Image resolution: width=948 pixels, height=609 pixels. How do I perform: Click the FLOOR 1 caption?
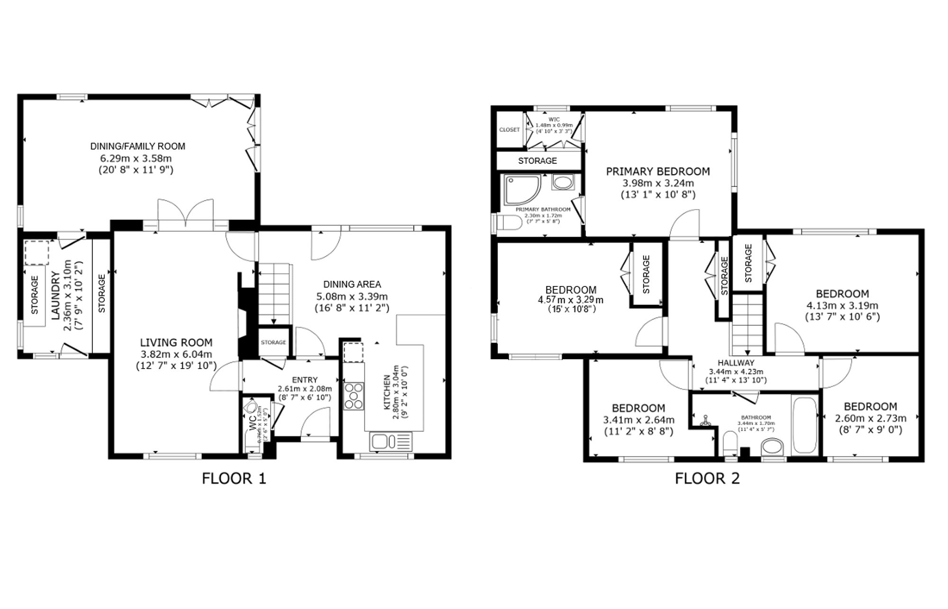point(234,478)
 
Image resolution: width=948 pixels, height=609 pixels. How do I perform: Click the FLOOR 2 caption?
point(707,478)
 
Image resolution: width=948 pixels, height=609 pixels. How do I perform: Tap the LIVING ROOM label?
point(176,342)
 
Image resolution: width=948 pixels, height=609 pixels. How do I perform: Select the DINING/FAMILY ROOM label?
point(137,147)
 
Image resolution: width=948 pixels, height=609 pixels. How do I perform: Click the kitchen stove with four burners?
point(353,396)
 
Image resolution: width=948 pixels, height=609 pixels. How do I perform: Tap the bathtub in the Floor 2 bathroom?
point(803,425)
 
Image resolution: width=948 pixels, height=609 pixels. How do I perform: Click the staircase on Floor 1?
point(273,294)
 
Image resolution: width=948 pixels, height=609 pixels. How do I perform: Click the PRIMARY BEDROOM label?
point(657,171)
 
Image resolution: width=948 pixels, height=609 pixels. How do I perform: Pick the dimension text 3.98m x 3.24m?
point(657,183)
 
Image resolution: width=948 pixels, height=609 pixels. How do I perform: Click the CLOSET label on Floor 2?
point(509,129)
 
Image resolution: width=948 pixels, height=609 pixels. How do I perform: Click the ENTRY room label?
point(305,380)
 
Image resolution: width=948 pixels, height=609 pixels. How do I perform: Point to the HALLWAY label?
point(736,363)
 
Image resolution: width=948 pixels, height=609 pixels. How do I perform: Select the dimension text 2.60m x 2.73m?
point(870,418)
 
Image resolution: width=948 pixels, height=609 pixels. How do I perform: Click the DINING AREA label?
point(352,284)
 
